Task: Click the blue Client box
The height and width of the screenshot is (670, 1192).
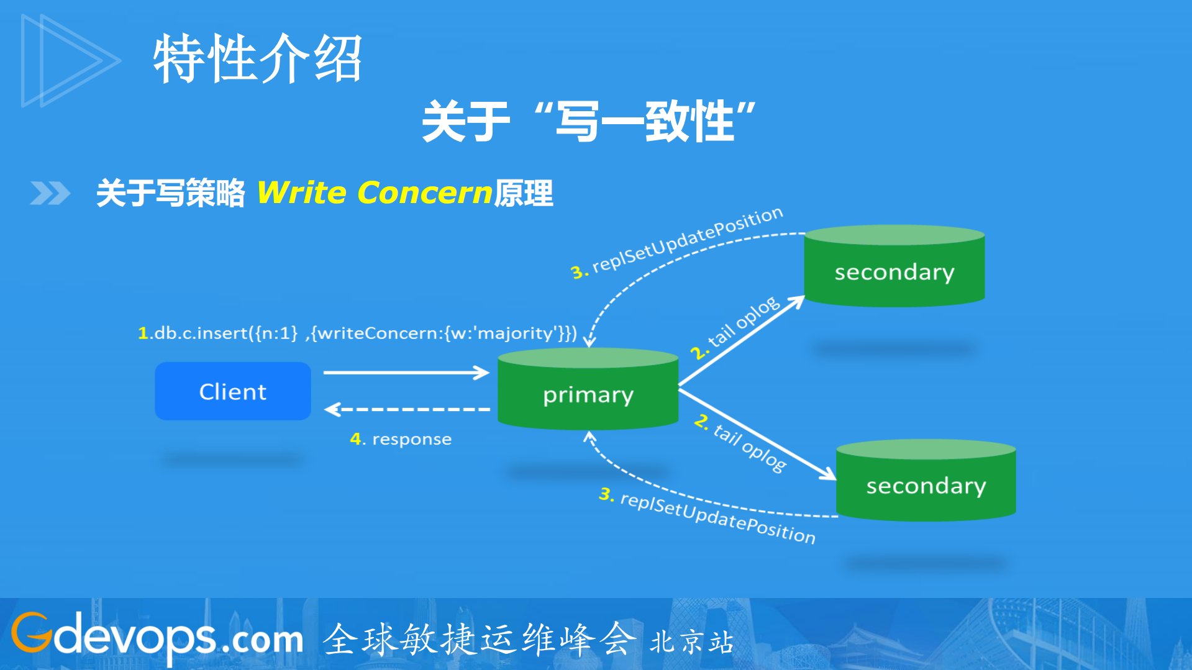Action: click(233, 391)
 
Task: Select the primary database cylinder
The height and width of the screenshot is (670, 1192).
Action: click(588, 391)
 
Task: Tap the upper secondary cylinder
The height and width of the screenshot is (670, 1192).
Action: click(894, 268)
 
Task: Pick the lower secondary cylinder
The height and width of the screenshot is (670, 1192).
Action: click(926, 482)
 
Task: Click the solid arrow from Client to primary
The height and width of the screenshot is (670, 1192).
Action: click(407, 373)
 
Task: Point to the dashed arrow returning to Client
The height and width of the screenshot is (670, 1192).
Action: click(407, 409)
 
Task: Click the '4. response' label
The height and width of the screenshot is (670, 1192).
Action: click(401, 439)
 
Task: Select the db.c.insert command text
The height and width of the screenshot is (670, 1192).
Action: click(360, 333)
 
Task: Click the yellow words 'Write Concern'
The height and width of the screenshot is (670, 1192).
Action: click(375, 192)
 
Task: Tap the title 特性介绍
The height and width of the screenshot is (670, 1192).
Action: click(258, 59)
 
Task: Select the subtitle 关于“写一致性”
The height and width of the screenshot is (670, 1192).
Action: click(588, 121)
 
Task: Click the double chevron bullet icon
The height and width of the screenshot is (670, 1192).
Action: click(50, 193)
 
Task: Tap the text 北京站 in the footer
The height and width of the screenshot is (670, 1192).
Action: click(691, 642)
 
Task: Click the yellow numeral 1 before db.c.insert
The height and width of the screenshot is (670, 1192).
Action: click(143, 333)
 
